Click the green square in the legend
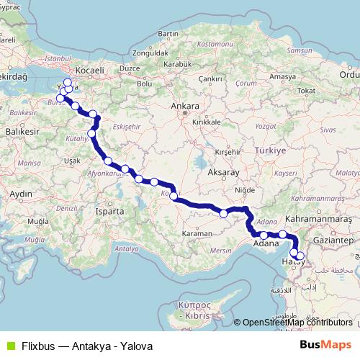click(9, 346)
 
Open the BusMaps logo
click(330, 345)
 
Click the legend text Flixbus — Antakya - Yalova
click(86, 346)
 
